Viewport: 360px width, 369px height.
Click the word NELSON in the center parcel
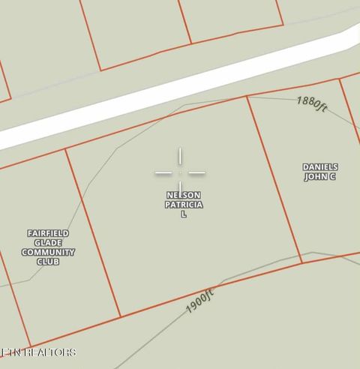pyautogui.click(x=183, y=195)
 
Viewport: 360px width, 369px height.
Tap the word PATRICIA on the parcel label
pyautogui.click(x=183, y=205)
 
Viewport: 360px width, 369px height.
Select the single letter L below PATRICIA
pyautogui.click(x=183, y=214)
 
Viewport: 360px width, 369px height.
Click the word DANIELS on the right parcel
pyautogui.click(x=320, y=167)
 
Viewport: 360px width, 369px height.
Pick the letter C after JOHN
pyautogui.click(x=331, y=177)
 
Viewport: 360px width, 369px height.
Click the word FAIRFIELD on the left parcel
pyautogui.click(x=48, y=233)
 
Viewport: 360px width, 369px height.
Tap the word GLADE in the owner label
pyautogui.click(x=48, y=243)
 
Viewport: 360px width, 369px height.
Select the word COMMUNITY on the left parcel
pyautogui.click(x=48, y=253)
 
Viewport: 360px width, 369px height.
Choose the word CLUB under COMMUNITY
pyautogui.click(x=48, y=262)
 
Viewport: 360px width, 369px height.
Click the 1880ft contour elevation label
pyautogui.click(x=312, y=103)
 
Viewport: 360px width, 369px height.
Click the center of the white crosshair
pyautogui.click(x=180, y=173)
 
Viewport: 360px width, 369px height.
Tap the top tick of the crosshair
pyautogui.click(x=180, y=155)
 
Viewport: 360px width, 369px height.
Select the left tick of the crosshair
pyautogui.click(x=163, y=173)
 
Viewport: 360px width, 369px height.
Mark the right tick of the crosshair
pyautogui.click(x=197, y=173)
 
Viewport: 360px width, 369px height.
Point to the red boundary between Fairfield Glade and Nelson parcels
pyautogui.click(x=93, y=232)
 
